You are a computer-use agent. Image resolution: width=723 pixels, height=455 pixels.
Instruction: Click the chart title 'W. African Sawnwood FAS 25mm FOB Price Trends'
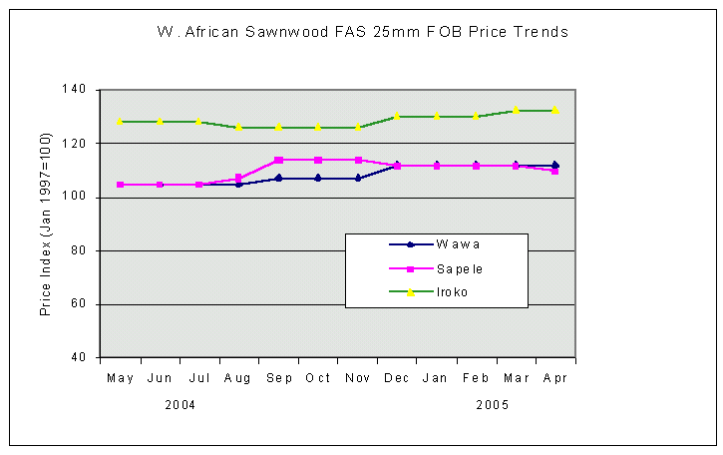362,32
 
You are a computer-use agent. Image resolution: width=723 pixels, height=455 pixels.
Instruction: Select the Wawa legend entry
436,244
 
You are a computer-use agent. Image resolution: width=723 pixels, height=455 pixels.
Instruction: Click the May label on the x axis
121,378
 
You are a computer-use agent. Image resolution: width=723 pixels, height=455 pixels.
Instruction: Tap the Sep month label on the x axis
278,378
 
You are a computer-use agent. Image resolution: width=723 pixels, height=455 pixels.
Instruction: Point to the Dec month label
397,378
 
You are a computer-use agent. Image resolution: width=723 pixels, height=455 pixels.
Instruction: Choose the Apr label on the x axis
554,378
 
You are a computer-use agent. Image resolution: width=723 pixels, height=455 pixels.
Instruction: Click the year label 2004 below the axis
180,406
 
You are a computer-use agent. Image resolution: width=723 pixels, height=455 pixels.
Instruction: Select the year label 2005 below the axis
493,406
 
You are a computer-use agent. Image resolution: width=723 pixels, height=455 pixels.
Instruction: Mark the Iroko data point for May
121,122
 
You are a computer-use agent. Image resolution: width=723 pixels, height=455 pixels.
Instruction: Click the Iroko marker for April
554,110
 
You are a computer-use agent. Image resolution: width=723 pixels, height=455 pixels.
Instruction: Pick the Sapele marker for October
318,160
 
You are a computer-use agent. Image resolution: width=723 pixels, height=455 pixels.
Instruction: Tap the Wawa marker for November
357,179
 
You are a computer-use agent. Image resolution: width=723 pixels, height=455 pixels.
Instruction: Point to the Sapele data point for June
160,185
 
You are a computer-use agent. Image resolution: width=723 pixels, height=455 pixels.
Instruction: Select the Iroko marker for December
397,117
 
